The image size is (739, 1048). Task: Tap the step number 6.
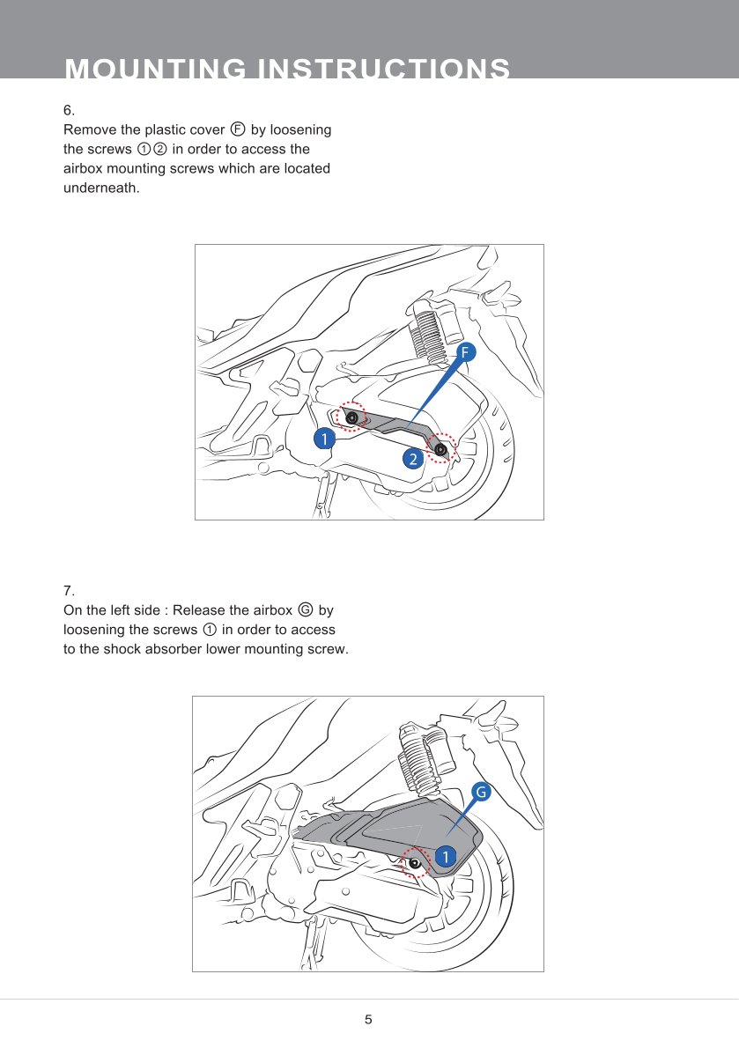[69, 110]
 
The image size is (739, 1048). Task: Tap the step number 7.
[69, 589]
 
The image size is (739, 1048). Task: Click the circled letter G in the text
[305, 609]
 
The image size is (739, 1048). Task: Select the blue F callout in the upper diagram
[466, 353]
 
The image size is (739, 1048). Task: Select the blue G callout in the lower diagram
[481, 792]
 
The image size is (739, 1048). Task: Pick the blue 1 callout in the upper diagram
[324, 439]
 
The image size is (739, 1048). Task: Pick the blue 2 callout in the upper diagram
[411, 458]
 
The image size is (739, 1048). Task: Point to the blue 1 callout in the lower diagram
[444, 857]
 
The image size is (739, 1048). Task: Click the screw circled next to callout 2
[441, 449]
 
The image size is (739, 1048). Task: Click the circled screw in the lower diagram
[414, 862]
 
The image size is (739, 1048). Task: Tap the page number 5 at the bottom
[369, 1020]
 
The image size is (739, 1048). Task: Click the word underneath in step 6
[101, 187]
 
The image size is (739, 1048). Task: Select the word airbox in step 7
[272, 610]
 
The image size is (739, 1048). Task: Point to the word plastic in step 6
[154, 129]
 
